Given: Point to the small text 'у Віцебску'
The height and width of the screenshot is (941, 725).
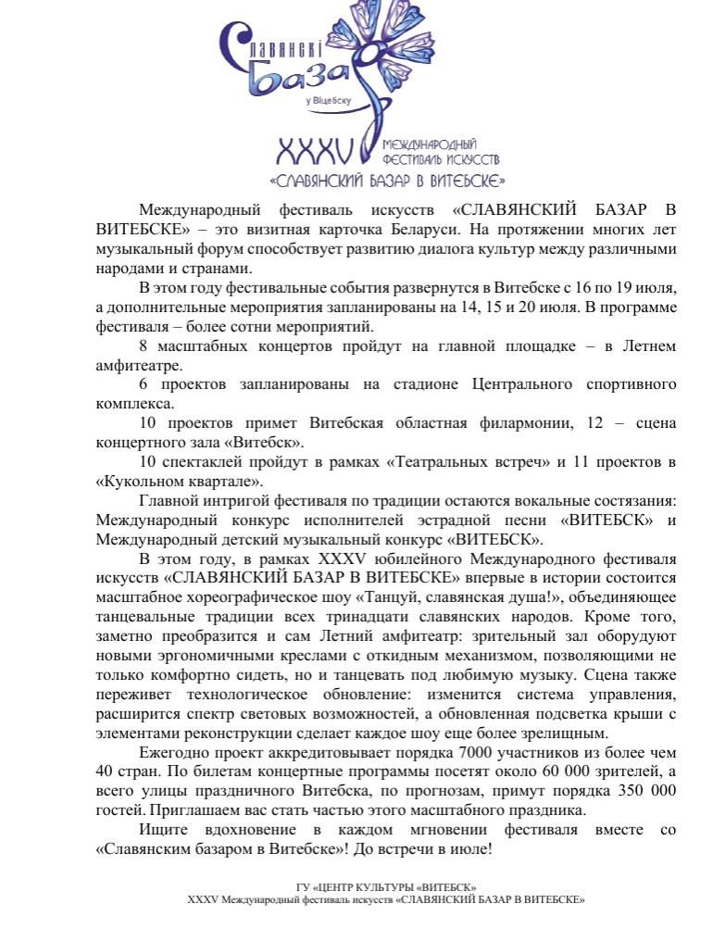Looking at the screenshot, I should [329, 99].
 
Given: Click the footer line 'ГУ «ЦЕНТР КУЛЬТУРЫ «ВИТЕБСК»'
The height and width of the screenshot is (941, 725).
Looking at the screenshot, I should [386, 887].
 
